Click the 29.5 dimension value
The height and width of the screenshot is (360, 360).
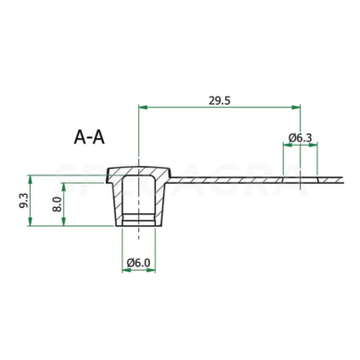220,100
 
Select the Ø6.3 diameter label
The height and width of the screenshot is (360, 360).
301,137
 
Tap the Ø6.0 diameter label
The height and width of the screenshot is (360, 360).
138,263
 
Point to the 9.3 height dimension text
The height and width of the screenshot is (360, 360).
24,200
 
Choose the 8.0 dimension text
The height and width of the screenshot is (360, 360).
57,204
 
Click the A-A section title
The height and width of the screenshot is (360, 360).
89,137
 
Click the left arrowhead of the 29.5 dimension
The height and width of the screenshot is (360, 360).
143,107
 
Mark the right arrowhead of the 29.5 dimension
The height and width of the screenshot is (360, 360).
296,107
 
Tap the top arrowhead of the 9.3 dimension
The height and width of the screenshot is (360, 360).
30,179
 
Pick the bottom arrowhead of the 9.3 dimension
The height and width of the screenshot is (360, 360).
30,222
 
